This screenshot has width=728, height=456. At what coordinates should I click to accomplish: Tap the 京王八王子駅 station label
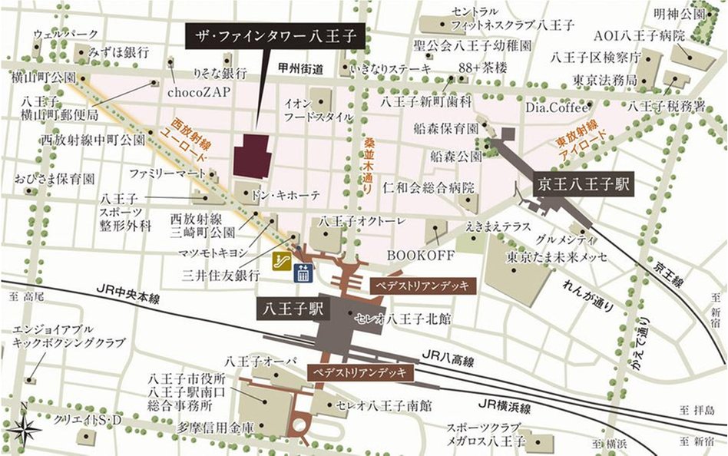click(x=584, y=184)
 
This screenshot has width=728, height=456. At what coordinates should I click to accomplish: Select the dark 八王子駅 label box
click(x=293, y=309)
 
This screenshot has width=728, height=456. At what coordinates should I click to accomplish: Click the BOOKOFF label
click(x=410, y=254)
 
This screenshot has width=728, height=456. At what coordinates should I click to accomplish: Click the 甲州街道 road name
click(x=298, y=68)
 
